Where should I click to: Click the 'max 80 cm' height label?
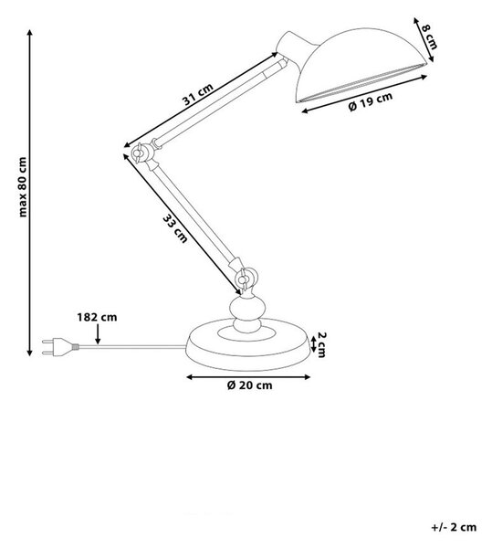[x=23, y=187]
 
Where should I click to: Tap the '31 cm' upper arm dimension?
[x=198, y=94]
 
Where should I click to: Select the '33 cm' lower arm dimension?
[x=175, y=228]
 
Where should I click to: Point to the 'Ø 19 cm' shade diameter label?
[x=371, y=101]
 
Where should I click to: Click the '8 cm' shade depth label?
[x=429, y=37]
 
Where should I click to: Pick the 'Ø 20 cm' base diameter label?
[x=249, y=385]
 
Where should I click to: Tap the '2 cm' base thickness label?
[x=321, y=345]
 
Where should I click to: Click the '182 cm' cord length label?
[x=97, y=317]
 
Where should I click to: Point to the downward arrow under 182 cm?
[x=98, y=334]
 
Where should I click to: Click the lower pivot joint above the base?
[x=246, y=278]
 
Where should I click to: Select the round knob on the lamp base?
[x=247, y=314]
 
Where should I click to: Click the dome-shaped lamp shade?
[x=360, y=65]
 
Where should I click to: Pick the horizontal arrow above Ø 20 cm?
[x=248, y=376]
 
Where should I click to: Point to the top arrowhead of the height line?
[x=30, y=33]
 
